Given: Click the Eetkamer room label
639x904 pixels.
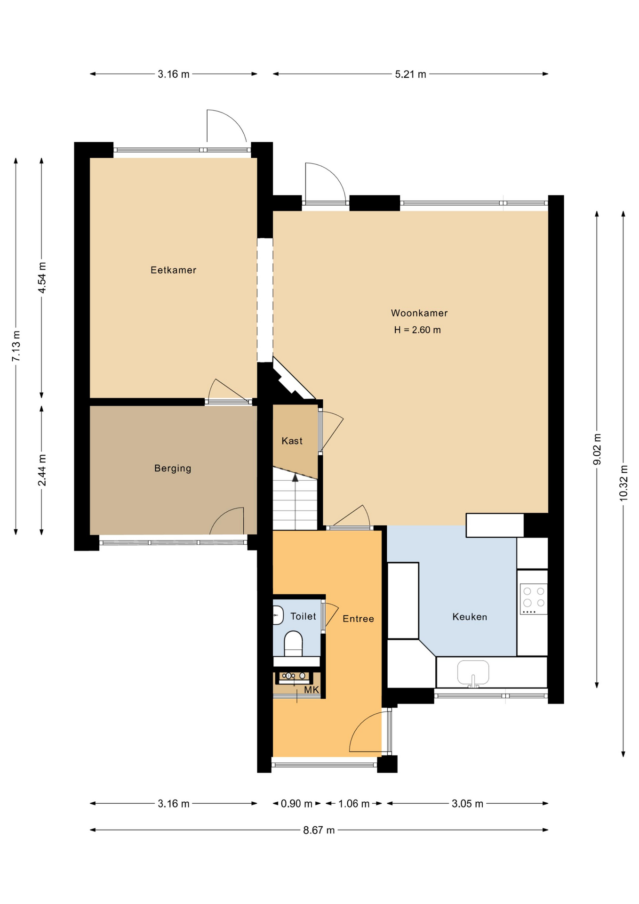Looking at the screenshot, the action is coord(173,270).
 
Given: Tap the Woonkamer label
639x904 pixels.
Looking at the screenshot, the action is coord(419,313).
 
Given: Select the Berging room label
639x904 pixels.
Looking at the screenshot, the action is coord(173,468).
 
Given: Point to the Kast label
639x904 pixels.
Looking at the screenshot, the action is coord(292,441).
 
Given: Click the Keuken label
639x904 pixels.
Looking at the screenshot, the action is coord(470,617).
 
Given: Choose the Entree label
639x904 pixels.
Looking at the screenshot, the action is coord(358,619).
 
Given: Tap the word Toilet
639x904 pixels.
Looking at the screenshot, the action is coord(303,616).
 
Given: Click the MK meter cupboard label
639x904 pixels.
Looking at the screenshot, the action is coord(312,690).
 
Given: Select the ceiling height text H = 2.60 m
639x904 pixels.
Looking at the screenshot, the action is coord(417,330).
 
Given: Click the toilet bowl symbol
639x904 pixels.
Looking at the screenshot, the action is coord(293,644).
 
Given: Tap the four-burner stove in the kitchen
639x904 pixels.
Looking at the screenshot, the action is coord(534,599).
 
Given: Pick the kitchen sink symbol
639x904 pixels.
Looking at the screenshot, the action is coord(473,673).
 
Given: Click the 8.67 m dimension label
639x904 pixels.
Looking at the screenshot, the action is coord(319,830).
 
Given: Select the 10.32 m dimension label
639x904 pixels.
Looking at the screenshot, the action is coord(623,483).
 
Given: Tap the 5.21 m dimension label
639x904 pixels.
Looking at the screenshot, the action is coord(410,74).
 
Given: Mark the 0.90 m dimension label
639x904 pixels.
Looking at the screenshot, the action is coord(296,803).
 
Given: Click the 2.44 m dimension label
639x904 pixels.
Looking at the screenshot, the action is coord(42,470).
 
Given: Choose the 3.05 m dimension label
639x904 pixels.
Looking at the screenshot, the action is coord(467,803).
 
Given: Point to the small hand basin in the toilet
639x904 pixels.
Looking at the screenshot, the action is coord(278,615).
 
